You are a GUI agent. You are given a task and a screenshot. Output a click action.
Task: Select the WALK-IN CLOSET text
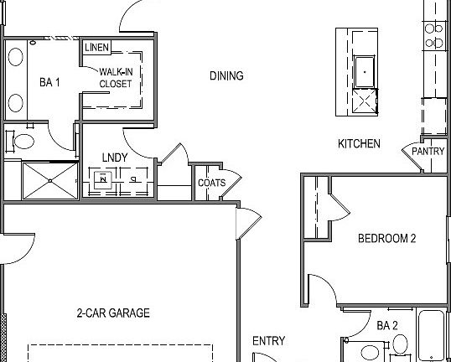[x=115, y=78]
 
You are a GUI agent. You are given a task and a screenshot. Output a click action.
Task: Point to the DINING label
[x=226, y=76]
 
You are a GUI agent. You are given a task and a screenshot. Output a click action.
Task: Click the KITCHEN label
[x=359, y=144]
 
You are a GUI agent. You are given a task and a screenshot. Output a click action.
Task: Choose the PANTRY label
[x=428, y=152]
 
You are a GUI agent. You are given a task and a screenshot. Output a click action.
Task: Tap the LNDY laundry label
[x=115, y=157]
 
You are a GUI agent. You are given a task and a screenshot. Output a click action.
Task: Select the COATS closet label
[x=210, y=183]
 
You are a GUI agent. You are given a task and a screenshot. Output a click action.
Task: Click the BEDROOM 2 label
[x=387, y=238]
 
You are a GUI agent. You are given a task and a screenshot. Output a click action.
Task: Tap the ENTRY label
[x=268, y=341]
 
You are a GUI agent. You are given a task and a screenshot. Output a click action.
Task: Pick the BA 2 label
[x=386, y=325]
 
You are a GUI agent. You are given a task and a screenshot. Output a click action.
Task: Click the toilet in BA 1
[x=23, y=140]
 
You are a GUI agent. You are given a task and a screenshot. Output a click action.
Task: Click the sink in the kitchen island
[x=365, y=71]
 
